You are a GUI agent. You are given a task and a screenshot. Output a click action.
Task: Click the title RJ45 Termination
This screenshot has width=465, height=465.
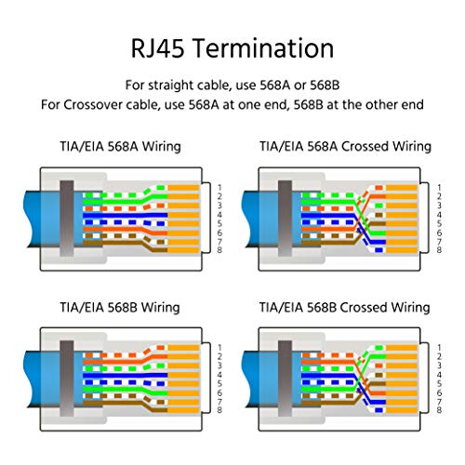[232, 48]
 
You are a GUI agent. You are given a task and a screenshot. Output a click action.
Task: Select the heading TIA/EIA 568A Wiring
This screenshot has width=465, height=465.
[120, 146]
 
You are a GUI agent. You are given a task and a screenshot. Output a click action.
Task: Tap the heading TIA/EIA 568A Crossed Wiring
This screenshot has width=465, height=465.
[345, 146]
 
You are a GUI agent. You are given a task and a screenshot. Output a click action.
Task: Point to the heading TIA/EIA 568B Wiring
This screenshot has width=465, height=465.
[120, 308]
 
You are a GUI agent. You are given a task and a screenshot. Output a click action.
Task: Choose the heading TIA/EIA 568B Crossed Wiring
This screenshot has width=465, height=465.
[344, 308]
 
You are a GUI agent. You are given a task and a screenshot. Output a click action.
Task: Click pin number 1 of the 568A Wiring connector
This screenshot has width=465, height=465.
[219, 188]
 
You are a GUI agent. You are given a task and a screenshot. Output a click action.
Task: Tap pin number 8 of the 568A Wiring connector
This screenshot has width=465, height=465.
[219, 250]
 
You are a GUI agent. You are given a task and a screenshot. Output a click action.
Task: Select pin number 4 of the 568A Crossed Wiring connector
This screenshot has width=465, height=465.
[439, 215]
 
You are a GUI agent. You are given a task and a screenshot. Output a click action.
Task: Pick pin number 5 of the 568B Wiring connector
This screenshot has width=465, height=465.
[219, 384]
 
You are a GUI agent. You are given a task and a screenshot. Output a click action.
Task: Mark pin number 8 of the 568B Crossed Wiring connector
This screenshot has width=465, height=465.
[439, 410]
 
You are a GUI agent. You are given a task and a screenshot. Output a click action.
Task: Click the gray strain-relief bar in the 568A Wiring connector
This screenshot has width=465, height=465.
[67, 219]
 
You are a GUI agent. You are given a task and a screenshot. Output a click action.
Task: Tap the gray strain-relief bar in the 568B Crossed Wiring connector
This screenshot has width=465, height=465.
[285, 379]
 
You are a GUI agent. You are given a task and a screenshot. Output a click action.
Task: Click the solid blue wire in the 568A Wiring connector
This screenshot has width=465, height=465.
[126, 216]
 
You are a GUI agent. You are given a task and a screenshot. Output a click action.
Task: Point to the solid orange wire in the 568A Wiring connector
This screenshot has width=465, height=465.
[126, 231]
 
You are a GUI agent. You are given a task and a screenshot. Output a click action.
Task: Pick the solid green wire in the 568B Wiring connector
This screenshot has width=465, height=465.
[126, 390]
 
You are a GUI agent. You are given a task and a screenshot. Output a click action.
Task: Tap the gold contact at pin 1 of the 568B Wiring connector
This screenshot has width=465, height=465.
[183, 348]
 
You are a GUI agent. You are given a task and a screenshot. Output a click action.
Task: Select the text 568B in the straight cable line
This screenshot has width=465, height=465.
[325, 85]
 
